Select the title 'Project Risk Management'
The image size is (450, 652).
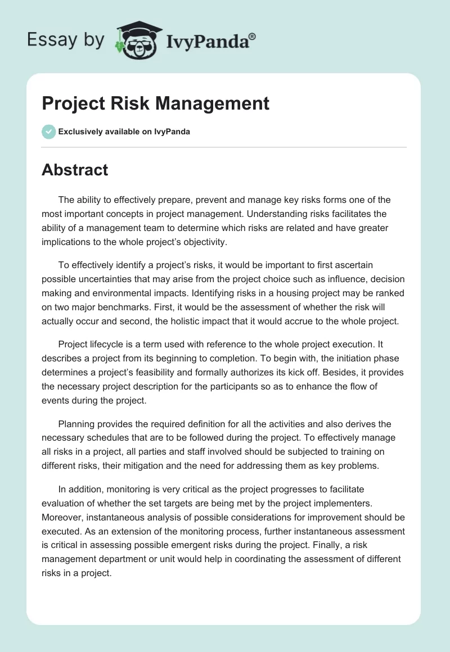[x=155, y=103]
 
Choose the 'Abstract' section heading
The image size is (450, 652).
[x=75, y=170]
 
